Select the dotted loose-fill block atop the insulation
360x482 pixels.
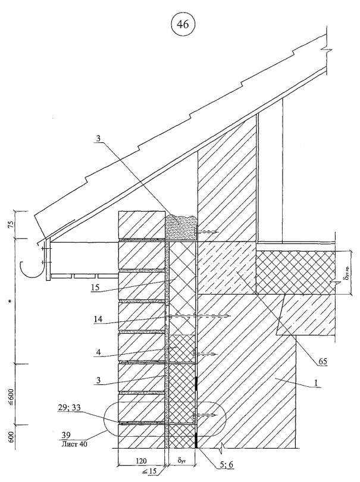tap(179, 228)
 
